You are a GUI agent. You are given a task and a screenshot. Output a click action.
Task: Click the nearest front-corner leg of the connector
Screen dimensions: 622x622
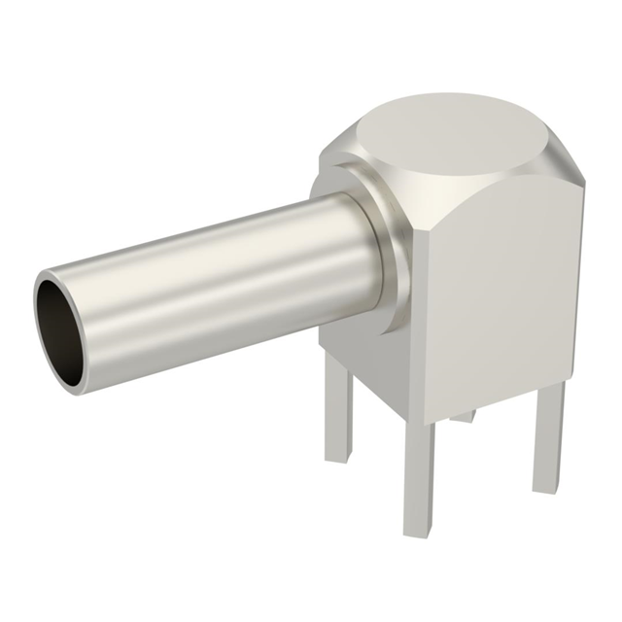(420, 476)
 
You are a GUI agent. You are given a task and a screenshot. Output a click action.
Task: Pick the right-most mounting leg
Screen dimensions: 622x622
(547, 437)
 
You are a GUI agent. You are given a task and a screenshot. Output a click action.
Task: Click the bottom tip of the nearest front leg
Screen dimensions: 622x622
(420, 531)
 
